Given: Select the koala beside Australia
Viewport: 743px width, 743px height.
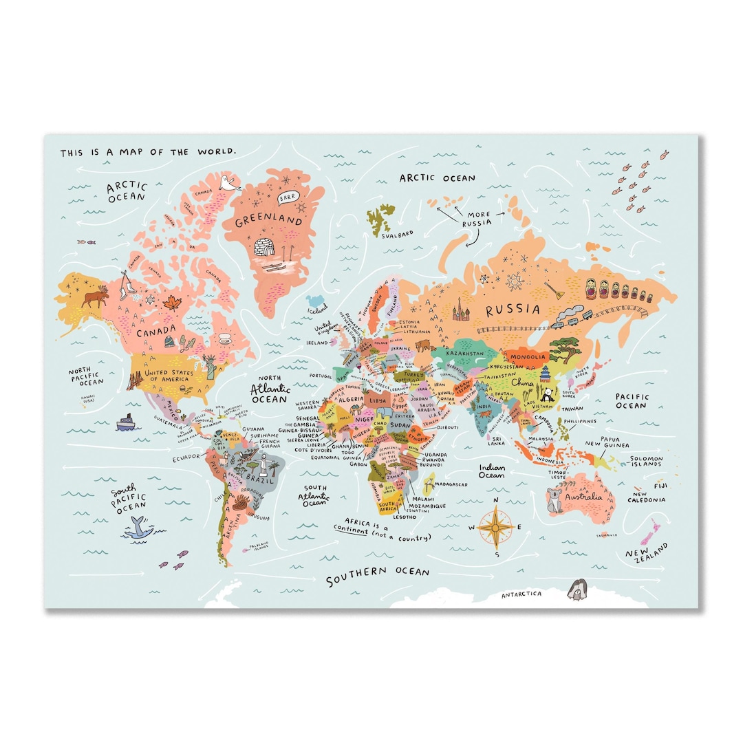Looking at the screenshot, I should coord(554,501).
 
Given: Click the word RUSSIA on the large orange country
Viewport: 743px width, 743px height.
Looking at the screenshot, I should coord(513,310).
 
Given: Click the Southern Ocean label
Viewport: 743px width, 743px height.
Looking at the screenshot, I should coord(378,576).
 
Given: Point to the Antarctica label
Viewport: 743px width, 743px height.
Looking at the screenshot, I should coord(521,594).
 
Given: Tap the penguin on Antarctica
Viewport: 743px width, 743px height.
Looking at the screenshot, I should coord(576,590).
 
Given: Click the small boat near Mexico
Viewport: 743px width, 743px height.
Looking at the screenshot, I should coord(125,422).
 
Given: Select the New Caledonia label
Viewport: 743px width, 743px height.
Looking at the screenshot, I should coord(648,497).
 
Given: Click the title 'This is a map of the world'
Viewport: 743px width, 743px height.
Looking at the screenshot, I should coord(148,152).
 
